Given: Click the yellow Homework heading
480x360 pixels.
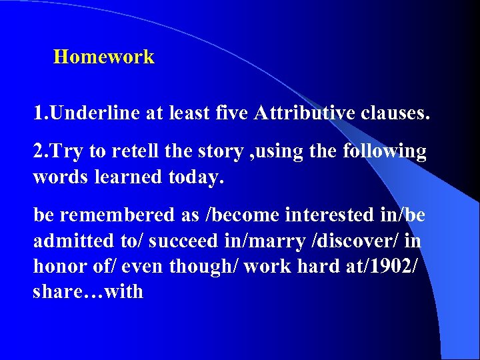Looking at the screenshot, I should coord(103,57).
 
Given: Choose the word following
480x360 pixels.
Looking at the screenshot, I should coord(384,152).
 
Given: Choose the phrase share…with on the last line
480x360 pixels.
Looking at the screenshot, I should coord(88,291).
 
